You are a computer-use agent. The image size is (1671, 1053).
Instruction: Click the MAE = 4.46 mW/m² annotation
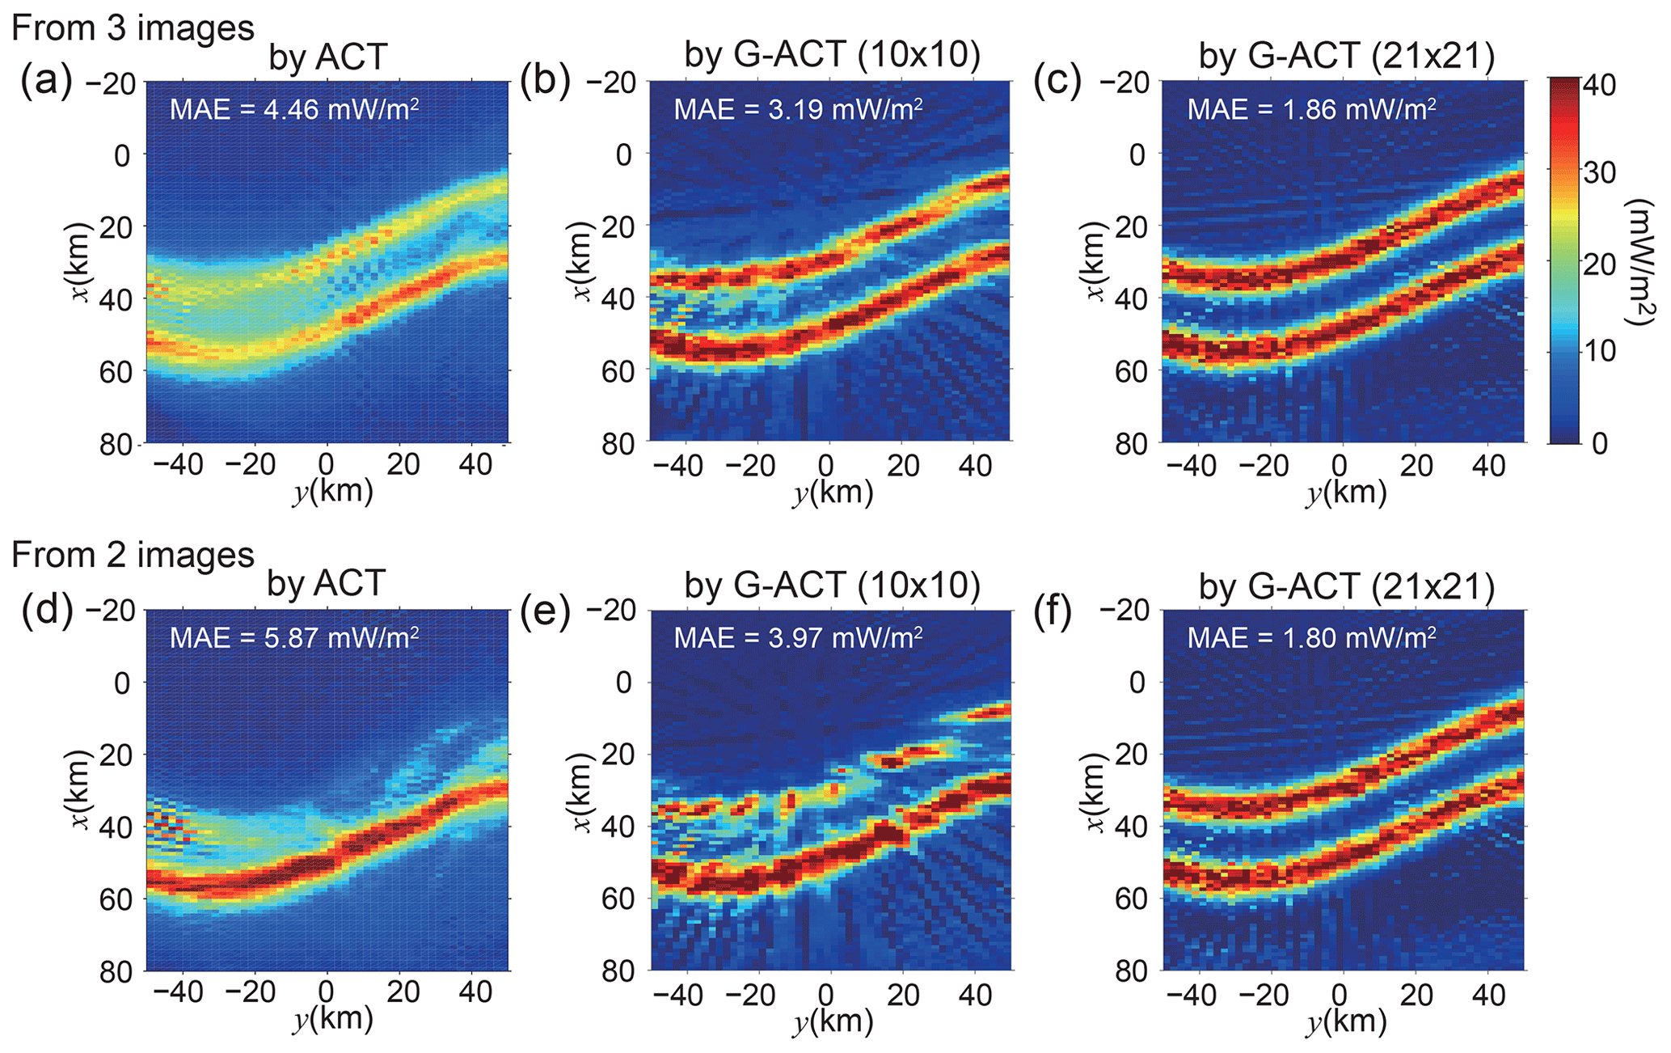(293, 108)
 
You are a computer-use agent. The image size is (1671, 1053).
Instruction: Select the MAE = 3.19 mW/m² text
(798, 108)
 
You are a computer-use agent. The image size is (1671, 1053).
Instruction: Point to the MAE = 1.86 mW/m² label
(1311, 108)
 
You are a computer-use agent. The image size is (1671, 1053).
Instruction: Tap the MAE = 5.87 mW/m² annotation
(293, 637)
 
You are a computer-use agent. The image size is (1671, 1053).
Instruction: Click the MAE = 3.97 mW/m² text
(798, 637)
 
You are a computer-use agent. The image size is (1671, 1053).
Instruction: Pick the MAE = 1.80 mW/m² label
(1311, 637)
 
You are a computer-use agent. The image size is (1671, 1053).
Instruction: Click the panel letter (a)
(46, 81)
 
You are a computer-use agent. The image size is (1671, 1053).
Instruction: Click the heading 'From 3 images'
(133, 27)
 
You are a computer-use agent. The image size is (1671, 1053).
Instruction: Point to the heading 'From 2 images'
(133, 555)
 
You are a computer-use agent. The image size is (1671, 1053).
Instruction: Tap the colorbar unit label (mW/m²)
(1641, 262)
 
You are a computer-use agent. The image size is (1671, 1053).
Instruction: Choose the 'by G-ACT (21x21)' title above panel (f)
(1346, 586)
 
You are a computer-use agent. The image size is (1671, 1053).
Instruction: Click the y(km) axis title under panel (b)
(833, 492)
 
